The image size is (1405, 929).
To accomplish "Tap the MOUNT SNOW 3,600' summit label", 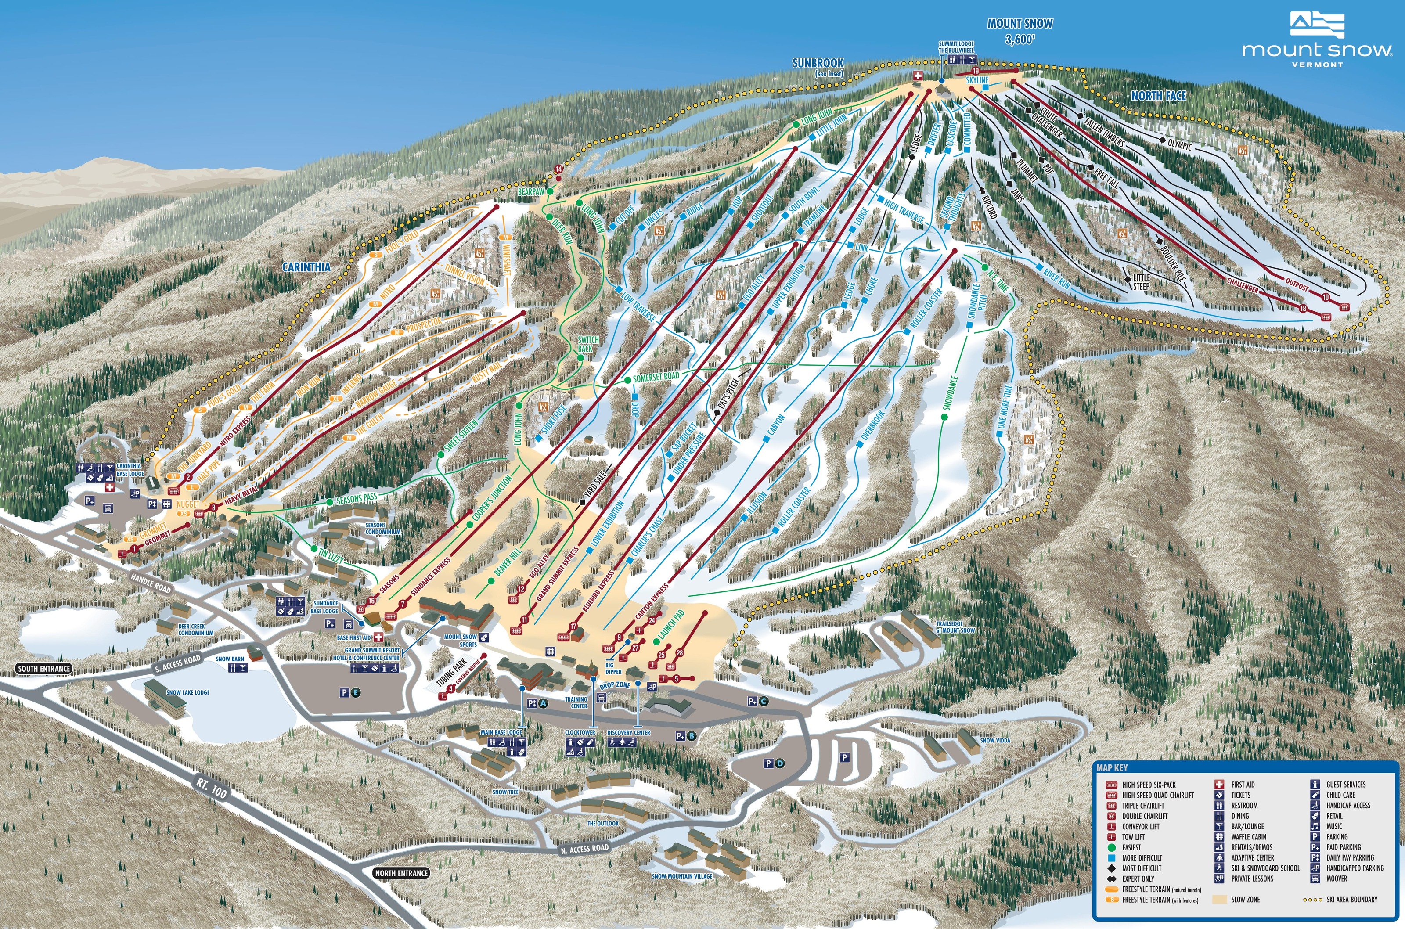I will pos(1020,31).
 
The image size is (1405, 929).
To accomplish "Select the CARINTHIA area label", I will pos(306,267).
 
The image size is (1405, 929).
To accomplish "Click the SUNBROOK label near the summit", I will pos(818,63).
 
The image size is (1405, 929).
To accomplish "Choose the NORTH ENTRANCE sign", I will pos(401,873).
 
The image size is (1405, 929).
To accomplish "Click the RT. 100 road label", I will pos(212,788).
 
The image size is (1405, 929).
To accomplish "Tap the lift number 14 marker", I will pos(557,169).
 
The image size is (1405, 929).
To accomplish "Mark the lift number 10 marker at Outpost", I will pos(1326,297).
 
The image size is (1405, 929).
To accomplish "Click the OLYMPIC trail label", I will pos(1179,144).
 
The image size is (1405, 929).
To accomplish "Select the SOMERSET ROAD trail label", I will pos(656,377).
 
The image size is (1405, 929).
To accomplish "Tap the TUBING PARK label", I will pos(451,673).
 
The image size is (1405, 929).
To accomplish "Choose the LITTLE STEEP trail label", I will pos(1141,282).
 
